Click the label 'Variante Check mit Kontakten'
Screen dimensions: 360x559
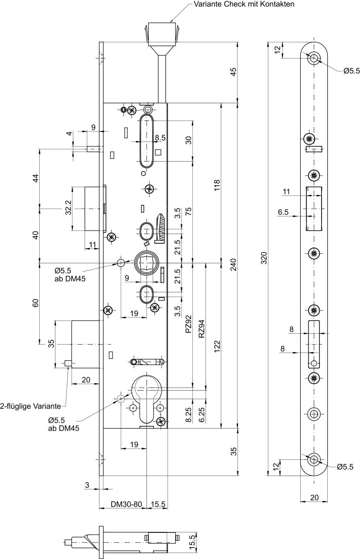tap(244, 4)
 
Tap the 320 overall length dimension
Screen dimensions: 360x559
tap(264, 258)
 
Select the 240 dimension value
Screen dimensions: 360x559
tap(233, 265)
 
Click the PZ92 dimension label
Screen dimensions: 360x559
tap(189, 324)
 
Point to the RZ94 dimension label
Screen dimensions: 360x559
tap(202, 329)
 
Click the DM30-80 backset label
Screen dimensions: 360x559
tap(127, 504)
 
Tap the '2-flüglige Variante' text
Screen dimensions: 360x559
tap(31, 406)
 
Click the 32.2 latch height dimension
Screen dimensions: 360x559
tap(69, 207)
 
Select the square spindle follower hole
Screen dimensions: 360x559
tap(146, 262)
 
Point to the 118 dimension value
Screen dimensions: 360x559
tap(217, 185)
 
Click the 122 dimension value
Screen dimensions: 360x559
tap(217, 346)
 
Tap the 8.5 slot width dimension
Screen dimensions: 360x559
tap(160, 138)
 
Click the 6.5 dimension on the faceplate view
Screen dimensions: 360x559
tap(283, 212)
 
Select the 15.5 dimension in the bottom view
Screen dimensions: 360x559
tap(192, 540)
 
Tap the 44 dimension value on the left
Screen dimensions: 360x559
tap(36, 178)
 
